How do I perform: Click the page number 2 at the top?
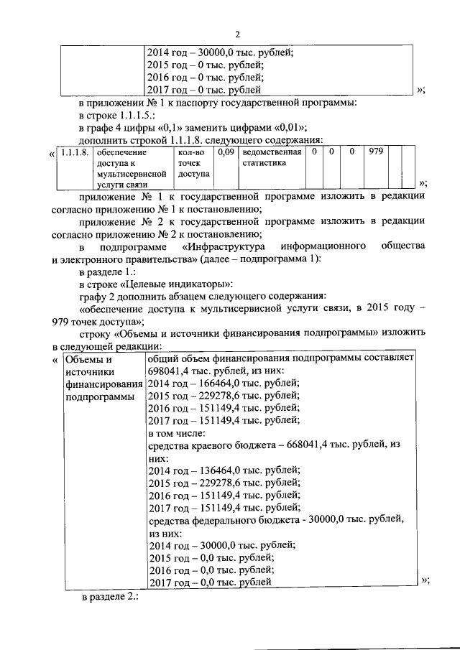click(236, 33)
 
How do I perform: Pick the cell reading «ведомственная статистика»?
click(272, 158)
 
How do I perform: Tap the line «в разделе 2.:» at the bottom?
click(108, 597)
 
